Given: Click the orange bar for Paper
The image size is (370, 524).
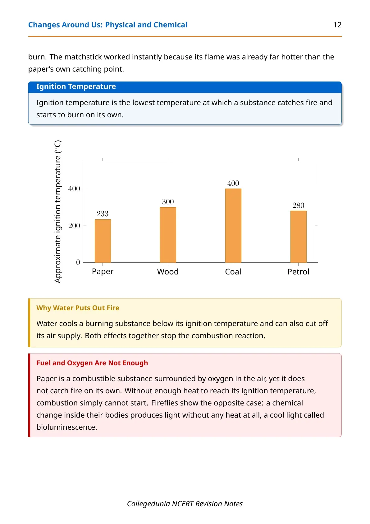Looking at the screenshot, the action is (x=103, y=241).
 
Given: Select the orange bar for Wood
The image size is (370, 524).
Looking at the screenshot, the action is (x=168, y=235).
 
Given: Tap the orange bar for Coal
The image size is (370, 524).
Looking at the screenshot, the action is (x=233, y=226).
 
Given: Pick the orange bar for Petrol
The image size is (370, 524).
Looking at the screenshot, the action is (x=298, y=236).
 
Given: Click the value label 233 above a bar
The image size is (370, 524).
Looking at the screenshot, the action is (x=103, y=213).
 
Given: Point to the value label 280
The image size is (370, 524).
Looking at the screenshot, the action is (x=298, y=205).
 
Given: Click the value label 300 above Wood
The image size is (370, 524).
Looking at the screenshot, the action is (x=168, y=202).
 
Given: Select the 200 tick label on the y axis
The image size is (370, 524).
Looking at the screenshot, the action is (x=74, y=226).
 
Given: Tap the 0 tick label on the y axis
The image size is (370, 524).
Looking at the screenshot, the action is (x=78, y=263).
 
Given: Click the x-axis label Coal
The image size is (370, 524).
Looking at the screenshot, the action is (x=233, y=272).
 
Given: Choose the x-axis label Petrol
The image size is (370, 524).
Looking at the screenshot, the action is (x=298, y=272).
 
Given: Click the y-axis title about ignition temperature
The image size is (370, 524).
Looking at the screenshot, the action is (x=57, y=212).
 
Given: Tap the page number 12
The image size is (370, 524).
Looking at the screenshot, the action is (x=337, y=25).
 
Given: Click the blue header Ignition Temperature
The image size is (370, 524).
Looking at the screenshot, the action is (x=76, y=87).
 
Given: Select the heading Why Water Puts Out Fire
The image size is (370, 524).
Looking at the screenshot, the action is (x=78, y=308).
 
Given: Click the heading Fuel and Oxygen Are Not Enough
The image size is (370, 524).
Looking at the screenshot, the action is (x=92, y=363).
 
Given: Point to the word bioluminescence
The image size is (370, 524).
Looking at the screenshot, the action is (x=66, y=427).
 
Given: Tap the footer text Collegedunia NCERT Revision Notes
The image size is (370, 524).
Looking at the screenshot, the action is (x=185, y=504).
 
